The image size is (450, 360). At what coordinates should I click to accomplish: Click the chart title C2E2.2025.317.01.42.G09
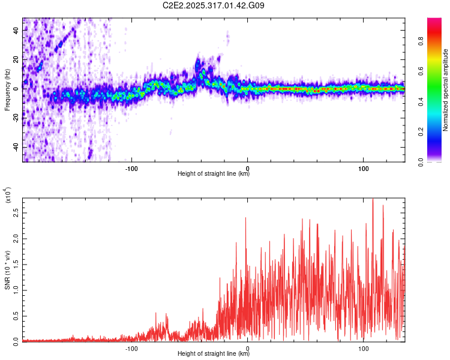pos(214,6)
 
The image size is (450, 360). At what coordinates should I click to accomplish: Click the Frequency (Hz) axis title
pos(7,90)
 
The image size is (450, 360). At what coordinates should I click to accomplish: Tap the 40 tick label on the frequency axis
pos(18,29)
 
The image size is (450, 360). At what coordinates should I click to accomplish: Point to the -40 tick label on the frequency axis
pos(16,147)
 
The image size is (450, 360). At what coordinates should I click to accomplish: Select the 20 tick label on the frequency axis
pos(18,59)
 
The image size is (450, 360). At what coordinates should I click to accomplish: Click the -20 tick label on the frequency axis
pos(16,118)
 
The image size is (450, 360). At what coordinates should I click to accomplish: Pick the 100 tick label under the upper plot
pos(364,167)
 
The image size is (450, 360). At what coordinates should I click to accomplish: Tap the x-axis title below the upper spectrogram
pos(214,174)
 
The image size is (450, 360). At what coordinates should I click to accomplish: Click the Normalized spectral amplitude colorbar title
pos(446,90)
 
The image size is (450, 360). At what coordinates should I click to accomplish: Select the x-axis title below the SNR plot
pos(214,353)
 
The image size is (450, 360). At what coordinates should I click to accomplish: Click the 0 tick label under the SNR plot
pos(248,347)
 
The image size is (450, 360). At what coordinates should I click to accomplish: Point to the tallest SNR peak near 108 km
pos(373,200)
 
